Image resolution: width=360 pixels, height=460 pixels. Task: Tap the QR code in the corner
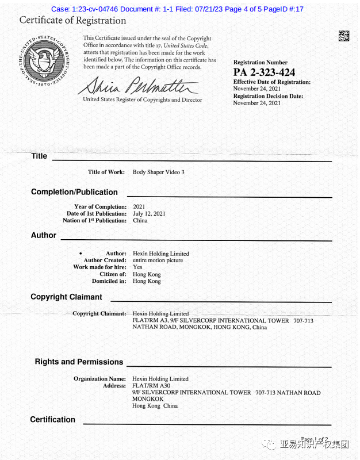click(x=343, y=36)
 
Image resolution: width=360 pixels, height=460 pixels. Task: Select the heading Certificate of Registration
click(x=72, y=21)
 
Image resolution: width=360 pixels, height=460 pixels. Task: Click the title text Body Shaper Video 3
click(x=158, y=172)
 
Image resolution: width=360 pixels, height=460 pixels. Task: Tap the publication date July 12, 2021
click(x=149, y=213)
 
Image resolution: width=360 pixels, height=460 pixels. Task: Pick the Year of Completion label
click(x=100, y=206)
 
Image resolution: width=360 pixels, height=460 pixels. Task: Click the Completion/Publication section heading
click(x=74, y=192)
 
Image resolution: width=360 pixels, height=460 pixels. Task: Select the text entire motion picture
click(x=158, y=260)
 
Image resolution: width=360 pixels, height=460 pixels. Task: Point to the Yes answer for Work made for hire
click(x=137, y=267)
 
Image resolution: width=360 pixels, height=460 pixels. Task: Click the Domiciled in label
click(x=109, y=281)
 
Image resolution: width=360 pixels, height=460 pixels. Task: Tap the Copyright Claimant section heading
click(x=66, y=297)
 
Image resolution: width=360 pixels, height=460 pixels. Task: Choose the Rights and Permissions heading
click(x=79, y=362)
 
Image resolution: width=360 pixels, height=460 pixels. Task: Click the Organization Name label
click(x=99, y=379)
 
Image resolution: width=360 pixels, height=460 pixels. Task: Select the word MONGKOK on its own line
click(x=148, y=399)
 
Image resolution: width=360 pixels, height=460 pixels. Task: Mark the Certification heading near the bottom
click(x=52, y=420)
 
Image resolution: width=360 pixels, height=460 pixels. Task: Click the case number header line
click(x=177, y=9)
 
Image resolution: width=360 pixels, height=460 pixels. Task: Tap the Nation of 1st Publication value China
click(x=140, y=220)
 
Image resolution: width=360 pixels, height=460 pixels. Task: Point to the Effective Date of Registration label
click(x=271, y=82)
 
